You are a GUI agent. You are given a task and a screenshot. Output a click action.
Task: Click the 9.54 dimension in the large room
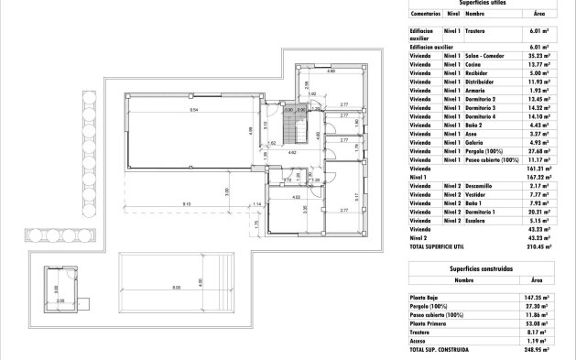coord(193,109)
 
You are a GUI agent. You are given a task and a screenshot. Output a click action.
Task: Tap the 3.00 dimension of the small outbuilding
coord(56,289)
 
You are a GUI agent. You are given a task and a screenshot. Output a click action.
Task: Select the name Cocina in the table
coord(475,64)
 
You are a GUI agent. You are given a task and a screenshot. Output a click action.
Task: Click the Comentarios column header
coord(426,15)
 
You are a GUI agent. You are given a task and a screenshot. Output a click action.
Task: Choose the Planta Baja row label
coord(427,298)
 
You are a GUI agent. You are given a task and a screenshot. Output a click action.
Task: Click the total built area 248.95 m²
coord(535,350)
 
